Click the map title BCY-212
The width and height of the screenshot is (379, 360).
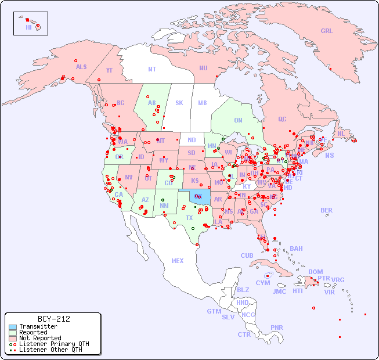(x=53, y=319)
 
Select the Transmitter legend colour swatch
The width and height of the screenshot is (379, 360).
(x=12, y=327)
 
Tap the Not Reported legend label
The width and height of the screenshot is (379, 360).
(x=39, y=338)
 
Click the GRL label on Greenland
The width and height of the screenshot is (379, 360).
(x=327, y=31)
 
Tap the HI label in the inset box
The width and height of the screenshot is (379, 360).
(x=28, y=27)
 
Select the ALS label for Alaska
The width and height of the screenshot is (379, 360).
(x=81, y=67)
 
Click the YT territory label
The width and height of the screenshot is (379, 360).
(x=109, y=70)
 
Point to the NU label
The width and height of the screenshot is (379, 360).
(x=203, y=68)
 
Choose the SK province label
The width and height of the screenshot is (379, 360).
(x=179, y=103)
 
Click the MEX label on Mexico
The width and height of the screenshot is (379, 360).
(x=178, y=261)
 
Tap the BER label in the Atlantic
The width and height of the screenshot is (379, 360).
(x=326, y=210)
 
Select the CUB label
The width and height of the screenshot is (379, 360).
(x=247, y=255)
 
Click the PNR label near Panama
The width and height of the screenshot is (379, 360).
(x=277, y=327)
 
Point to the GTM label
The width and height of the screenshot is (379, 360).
(x=214, y=311)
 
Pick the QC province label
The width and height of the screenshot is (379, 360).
(x=282, y=120)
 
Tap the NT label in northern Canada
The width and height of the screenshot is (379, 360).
(x=152, y=69)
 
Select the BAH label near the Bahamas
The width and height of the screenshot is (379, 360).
(x=296, y=249)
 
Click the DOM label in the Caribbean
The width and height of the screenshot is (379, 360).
(x=315, y=272)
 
